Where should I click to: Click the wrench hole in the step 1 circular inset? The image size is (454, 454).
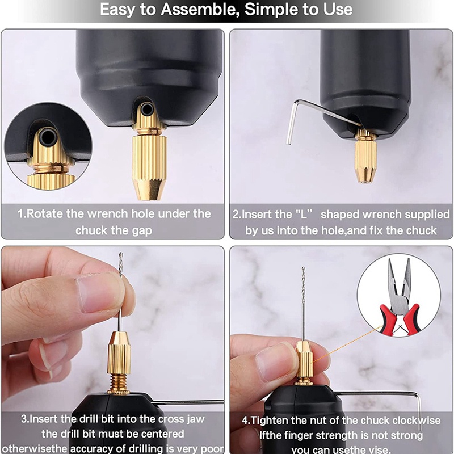48,137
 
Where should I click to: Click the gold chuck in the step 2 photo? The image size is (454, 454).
365,157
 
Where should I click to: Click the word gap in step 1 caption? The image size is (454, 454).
141,231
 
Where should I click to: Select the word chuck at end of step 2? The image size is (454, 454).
421,230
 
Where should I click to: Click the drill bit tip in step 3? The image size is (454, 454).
121,254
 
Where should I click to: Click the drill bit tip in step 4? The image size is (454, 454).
303,268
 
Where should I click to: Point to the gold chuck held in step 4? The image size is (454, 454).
304,362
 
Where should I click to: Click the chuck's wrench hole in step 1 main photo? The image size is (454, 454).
147,110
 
